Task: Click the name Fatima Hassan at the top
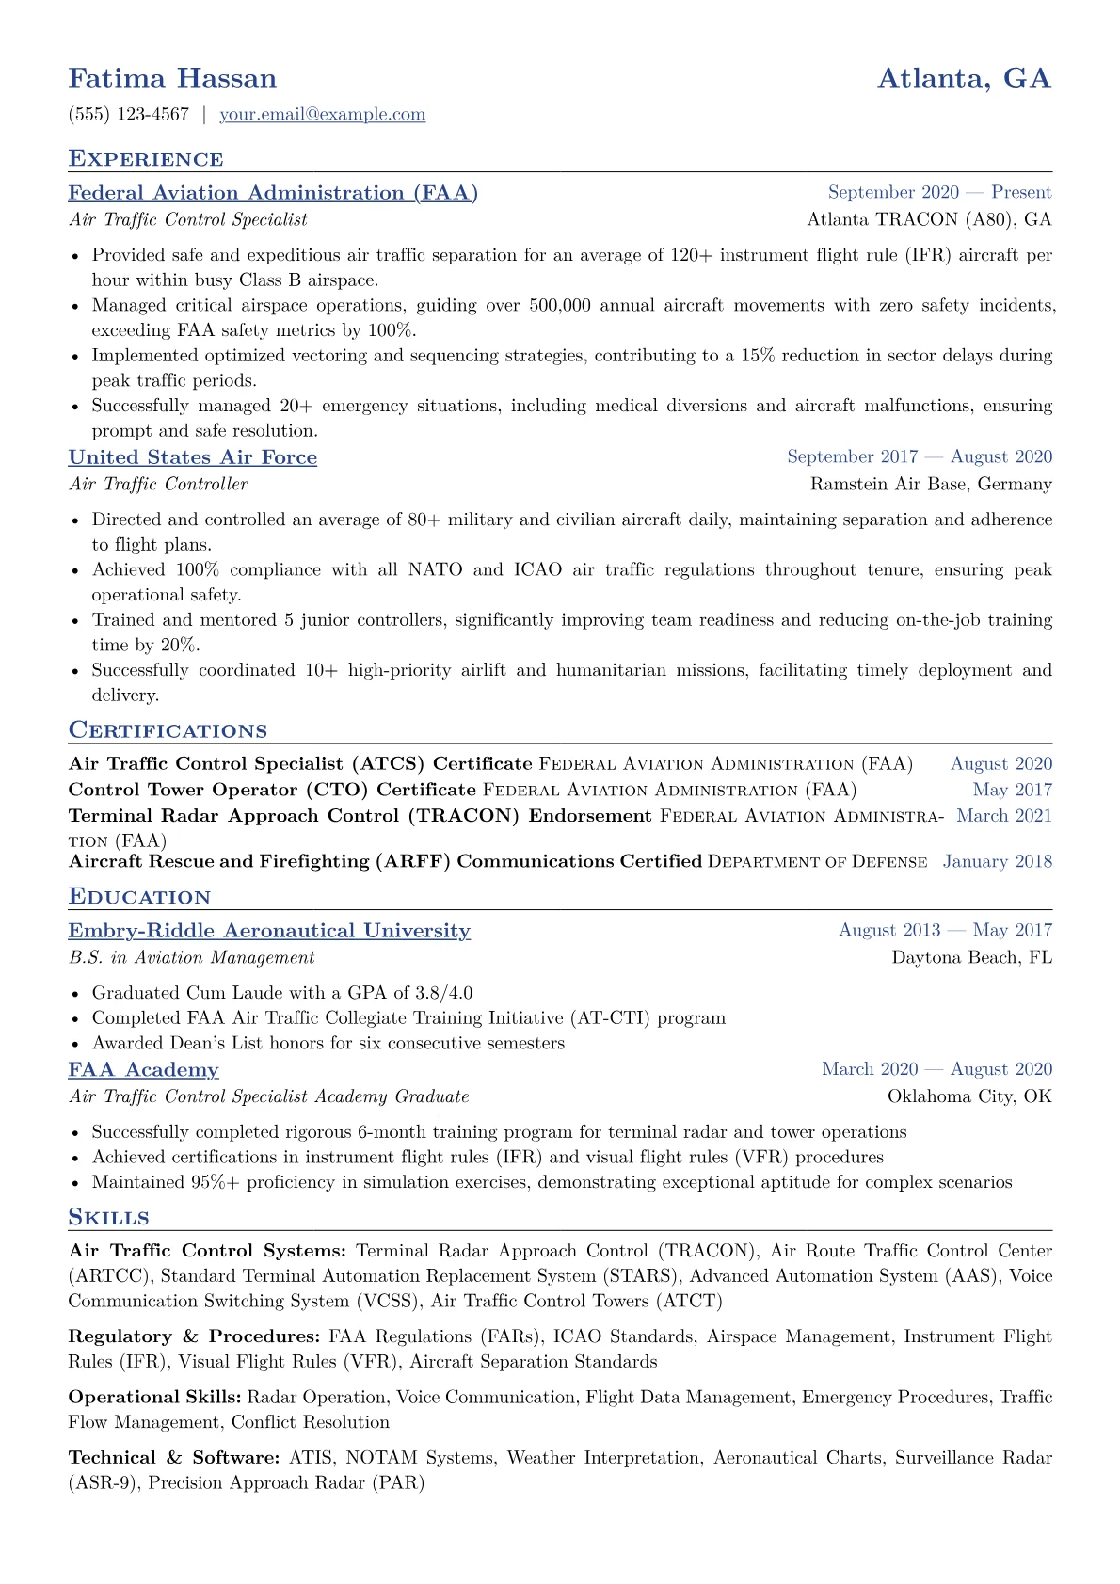(172, 78)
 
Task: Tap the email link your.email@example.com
(322, 115)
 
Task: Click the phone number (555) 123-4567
(129, 115)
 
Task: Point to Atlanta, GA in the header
(964, 78)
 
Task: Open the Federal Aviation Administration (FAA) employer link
(273, 193)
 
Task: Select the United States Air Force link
(192, 457)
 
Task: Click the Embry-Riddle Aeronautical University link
(269, 931)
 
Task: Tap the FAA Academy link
(143, 1070)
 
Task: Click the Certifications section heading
(168, 730)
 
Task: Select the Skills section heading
(108, 1217)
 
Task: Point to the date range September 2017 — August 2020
(920, 456)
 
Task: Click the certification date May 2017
(1012, 790)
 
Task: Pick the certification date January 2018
(997, 861)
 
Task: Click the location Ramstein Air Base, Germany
(931, 484)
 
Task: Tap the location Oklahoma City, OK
(969, 1096)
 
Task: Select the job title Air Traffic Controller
(158, 484)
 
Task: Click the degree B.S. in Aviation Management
(191, 957)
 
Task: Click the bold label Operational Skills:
(154, 1398)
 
